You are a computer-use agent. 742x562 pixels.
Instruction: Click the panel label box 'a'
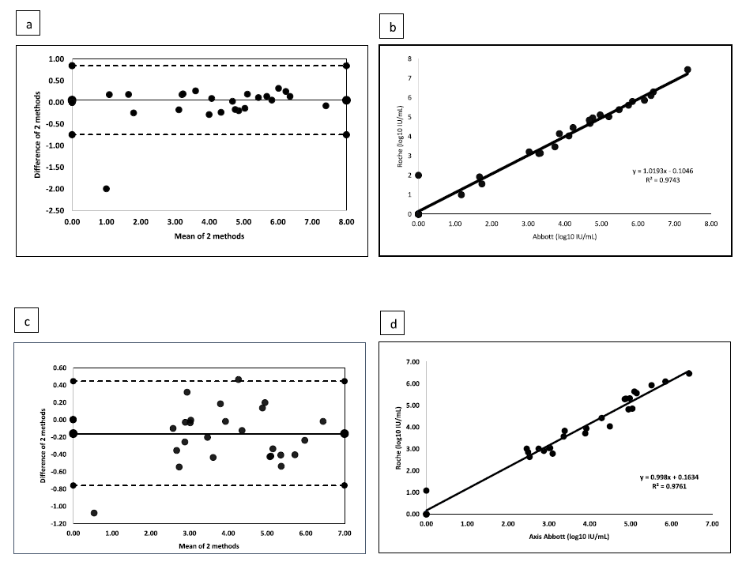click(29, 25)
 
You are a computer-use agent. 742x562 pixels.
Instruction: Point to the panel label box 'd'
click(393, 323)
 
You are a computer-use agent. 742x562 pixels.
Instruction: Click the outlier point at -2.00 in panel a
click(106, 189)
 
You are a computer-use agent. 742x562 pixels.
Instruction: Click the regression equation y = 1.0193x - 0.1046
click(651, 171)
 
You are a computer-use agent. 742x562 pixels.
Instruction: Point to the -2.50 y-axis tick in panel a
click(55, 210)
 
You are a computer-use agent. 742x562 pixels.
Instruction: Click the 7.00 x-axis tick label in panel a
click(311, 224)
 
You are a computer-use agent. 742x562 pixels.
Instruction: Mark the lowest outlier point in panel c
click(94, 513)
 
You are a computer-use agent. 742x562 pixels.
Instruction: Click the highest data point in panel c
click(238, 379)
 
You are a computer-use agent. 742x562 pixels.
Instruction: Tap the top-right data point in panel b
click(687, 70)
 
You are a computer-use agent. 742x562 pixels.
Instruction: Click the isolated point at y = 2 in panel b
click(419, 175)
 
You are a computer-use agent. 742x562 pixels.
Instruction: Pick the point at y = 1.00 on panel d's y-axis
click(427, 491)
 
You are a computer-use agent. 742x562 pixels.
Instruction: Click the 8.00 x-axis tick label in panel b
click(710, 224)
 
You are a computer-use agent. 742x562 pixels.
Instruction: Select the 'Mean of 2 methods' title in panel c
click(209, 546)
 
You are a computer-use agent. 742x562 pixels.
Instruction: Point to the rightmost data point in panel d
click(688, 373)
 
